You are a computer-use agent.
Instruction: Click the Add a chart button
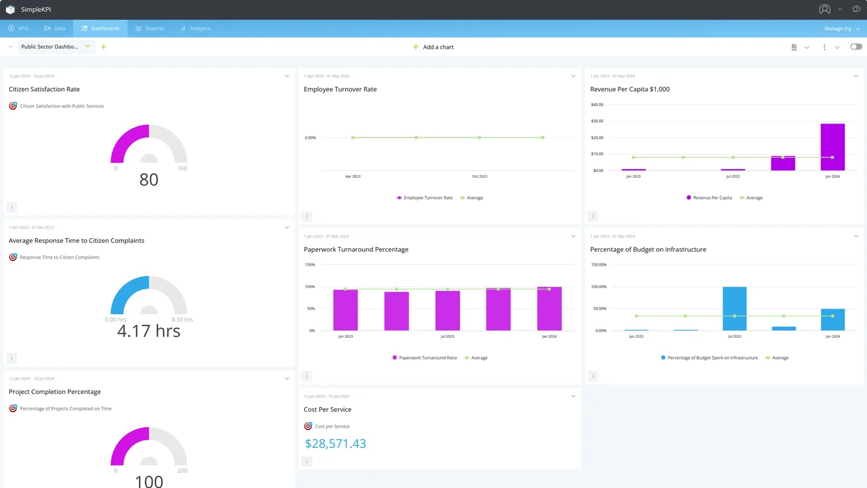click(x=433, y=47)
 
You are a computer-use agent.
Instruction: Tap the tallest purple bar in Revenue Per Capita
click(x=832, y=147)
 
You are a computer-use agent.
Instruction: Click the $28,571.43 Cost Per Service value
click(x=335, y=444)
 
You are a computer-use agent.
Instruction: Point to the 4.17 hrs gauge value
click(x=149, y=331)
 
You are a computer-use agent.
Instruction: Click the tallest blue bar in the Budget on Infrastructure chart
click(x=734, y=309)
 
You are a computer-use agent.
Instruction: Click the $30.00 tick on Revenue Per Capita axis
click(x=597, y=121)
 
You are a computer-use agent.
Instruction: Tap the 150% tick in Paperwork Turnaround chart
click(x=310, y=265)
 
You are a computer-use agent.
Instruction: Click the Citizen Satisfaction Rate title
click(x=44, y=89)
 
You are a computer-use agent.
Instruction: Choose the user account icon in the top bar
click(x=824, y=9)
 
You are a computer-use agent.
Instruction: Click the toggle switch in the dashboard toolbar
click(x=856, y=47)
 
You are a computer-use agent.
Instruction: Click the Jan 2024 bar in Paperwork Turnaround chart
click(x=549, y=309)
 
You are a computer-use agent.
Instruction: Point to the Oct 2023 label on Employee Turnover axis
click(x=480, y=176)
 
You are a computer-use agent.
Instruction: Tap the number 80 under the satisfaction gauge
click(x=149, y=179)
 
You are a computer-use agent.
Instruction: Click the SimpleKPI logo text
click(x=36, y=10)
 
